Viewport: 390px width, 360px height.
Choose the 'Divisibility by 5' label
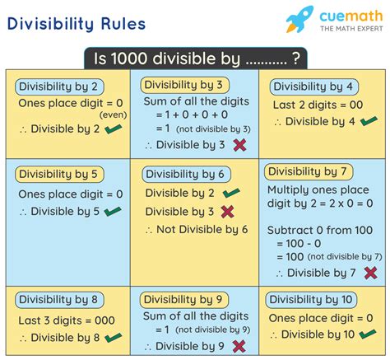click(x=60, y=174)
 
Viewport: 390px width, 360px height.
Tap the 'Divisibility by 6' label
click(x=186, y=174)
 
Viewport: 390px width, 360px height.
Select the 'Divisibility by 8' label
click(x=60, y=298)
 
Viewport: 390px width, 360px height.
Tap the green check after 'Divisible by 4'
click(x=367, y=121)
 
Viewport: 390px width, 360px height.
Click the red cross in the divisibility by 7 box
click(x=370, y=273)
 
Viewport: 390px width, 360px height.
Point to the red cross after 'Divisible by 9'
click(x=239, y=346)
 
